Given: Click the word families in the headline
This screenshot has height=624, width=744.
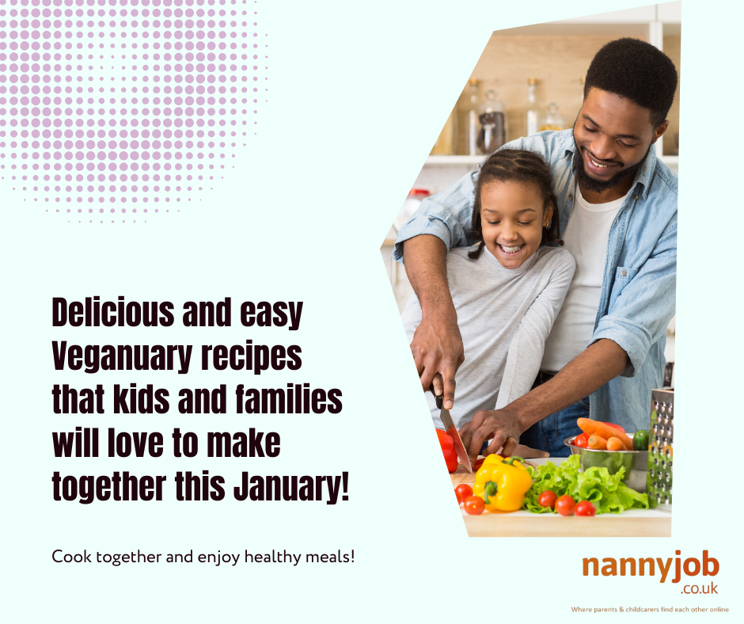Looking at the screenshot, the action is [289, 399].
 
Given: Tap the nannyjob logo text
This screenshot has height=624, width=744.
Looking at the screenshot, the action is [651, 566].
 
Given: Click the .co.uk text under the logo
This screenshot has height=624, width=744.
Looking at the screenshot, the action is [699, 589].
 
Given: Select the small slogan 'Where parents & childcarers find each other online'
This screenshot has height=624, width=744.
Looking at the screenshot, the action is [650, 609].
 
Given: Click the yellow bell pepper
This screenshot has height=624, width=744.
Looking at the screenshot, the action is [502, 483].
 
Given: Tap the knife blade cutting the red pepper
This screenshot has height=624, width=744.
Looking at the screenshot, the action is [455, 439].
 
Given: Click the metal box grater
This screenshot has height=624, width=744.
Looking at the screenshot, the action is [660, 447].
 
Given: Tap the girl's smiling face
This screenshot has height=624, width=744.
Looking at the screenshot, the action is [511, 223].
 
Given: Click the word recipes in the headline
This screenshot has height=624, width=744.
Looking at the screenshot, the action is [252, 356].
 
